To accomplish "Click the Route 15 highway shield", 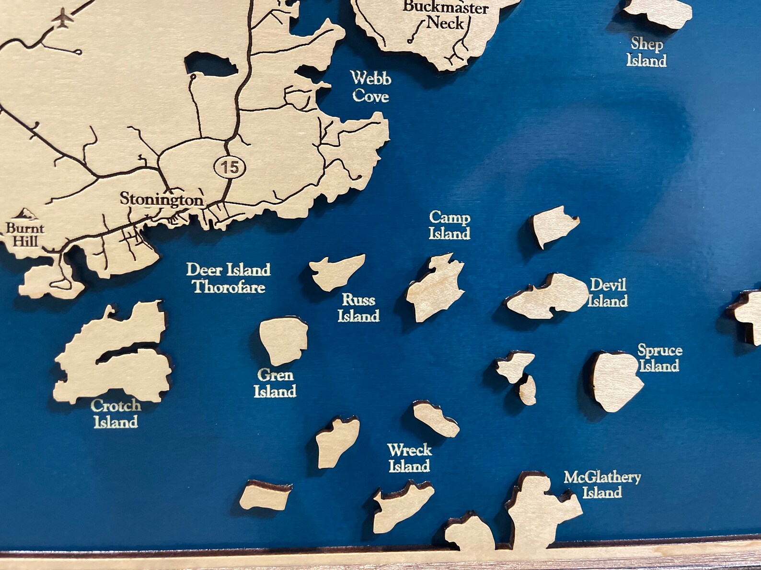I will point(230,167).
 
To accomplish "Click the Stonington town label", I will point(161,199).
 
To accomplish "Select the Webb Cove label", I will point(370,87).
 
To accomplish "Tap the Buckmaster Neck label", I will point(446,15).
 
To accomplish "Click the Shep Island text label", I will point(646,52).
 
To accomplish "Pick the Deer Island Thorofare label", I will point(229,278).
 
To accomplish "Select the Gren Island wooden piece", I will point(283,339).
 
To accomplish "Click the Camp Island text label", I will point(449,225).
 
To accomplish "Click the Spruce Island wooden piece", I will point(616,380).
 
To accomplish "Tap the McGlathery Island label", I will point(602,484).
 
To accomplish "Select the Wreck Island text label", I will point(409,458).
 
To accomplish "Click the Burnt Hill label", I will point(25,234).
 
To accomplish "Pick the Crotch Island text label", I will point(116,414).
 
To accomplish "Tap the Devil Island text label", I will point(608,292).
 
